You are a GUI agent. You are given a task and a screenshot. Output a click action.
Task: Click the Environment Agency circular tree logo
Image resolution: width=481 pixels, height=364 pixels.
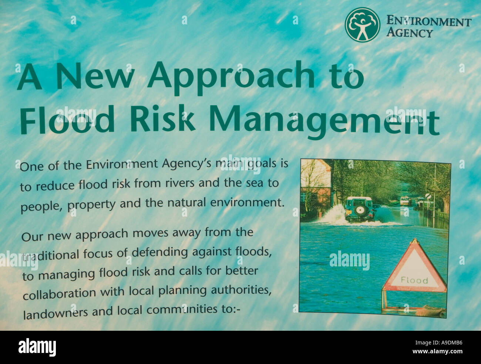[362, 25]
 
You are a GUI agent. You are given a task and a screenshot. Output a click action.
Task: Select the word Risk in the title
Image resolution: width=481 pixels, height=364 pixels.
[162, 119]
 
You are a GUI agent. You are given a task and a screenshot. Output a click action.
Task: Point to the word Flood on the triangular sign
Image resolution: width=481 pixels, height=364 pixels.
[414, 280]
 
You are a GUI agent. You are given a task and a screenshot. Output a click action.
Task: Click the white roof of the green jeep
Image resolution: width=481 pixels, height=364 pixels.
[358, 198]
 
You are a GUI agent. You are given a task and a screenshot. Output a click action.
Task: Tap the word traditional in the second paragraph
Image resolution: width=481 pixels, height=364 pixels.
[51, 255]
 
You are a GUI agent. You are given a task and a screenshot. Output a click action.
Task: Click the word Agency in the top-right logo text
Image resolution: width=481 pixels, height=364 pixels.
[409, 33]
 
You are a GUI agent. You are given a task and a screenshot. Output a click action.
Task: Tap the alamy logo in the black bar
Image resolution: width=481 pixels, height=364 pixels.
[37, 347]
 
